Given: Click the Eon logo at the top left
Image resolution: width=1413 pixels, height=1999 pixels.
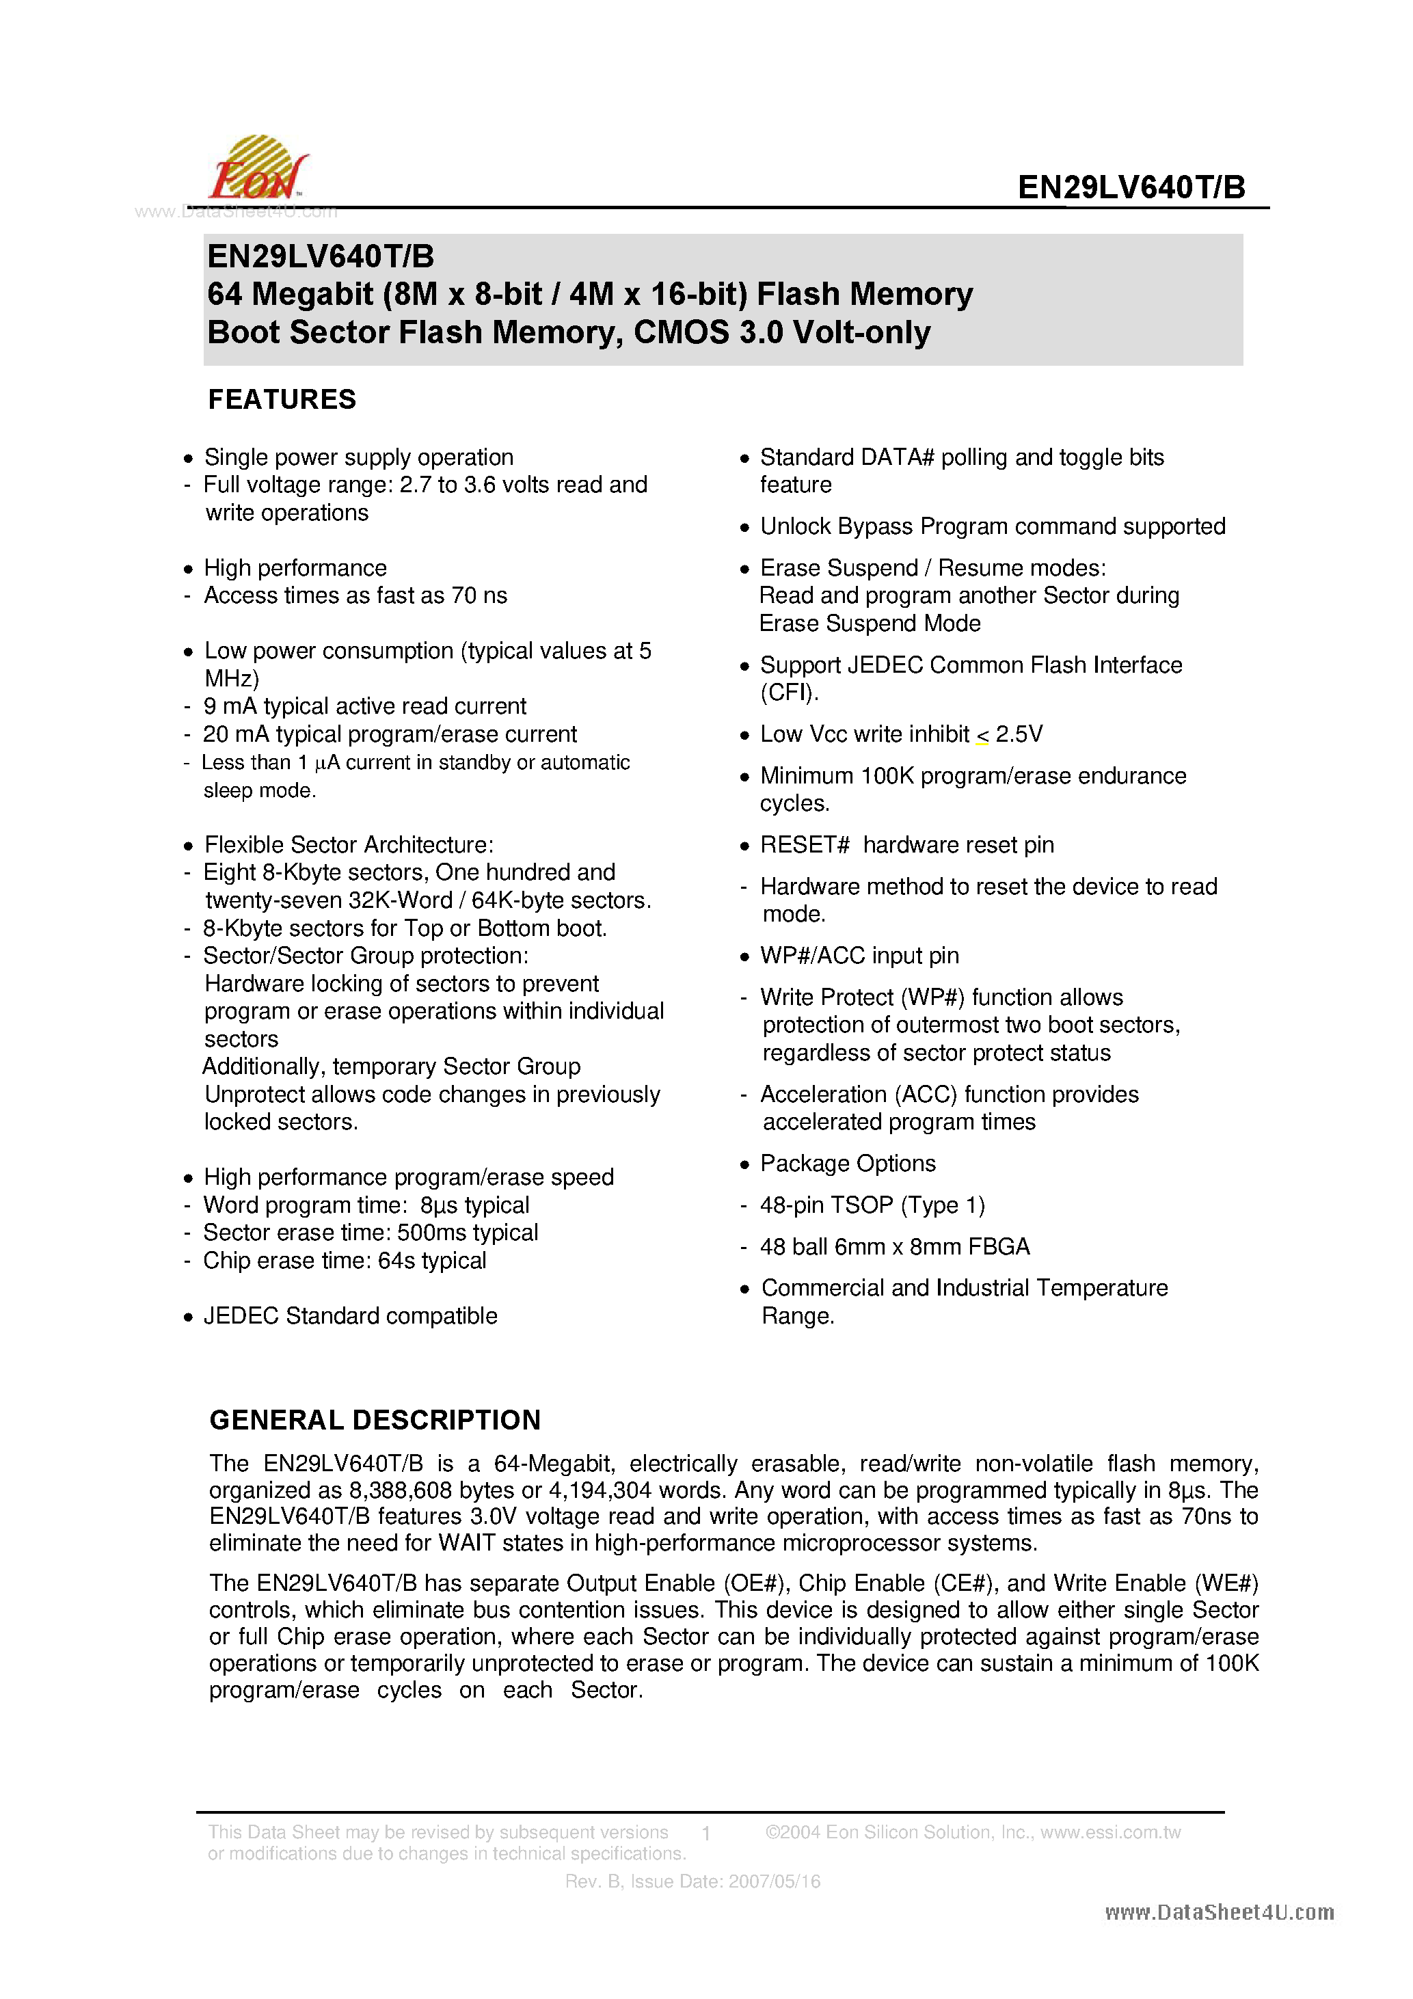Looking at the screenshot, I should (x=258, y=169).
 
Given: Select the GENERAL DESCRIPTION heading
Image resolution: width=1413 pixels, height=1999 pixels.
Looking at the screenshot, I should (x=375, y=1420).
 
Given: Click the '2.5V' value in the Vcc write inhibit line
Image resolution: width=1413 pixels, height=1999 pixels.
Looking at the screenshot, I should (x=1019, y=735).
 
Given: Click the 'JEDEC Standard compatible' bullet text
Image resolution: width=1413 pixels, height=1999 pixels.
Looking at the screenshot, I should (x=350, y=1317).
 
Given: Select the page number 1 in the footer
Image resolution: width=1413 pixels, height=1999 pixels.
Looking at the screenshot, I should (x=706, y=1833).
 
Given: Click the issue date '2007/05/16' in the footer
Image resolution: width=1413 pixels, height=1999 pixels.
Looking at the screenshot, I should (x=774, y=1881).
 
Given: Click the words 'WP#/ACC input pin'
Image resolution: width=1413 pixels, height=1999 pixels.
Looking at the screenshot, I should (x=859, y=956).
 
